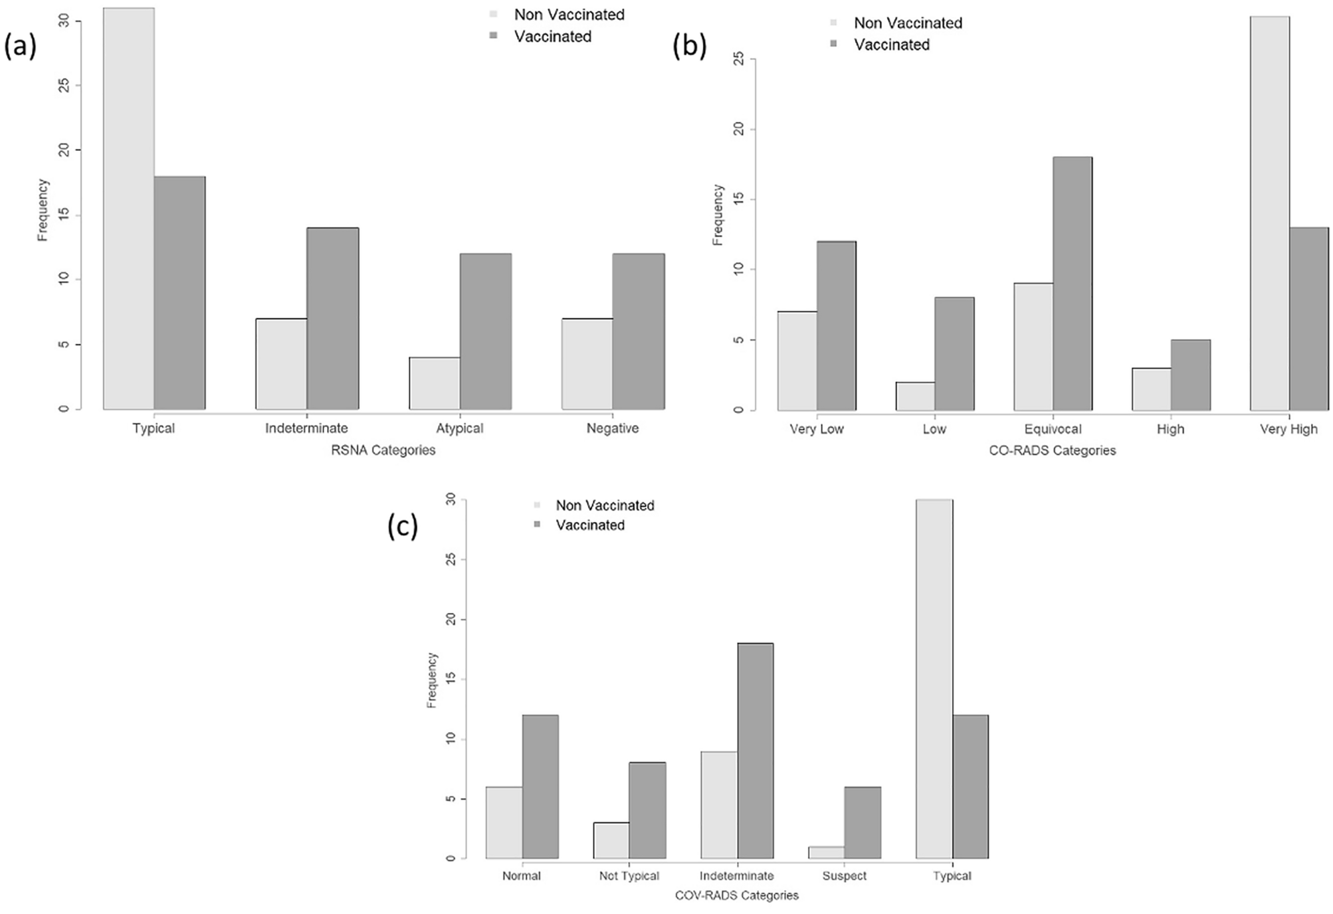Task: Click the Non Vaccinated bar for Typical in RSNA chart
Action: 129,209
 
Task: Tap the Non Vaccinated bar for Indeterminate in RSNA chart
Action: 281,364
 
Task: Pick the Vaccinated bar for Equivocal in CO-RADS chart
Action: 1072,284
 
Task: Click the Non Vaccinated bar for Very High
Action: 1269,213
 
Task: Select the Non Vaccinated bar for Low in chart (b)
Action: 915,396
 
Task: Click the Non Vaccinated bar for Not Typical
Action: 611,840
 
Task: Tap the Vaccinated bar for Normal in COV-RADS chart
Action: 540,786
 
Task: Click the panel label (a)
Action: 20,47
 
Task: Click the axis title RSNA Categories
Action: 383,450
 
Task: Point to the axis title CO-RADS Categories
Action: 1052,451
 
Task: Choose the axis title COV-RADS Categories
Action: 736,895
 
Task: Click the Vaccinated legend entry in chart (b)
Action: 891,45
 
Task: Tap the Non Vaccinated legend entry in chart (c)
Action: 604,505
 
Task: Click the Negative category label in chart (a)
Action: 612,428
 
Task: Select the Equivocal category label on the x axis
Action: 1053,429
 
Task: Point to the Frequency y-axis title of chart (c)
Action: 432,680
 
